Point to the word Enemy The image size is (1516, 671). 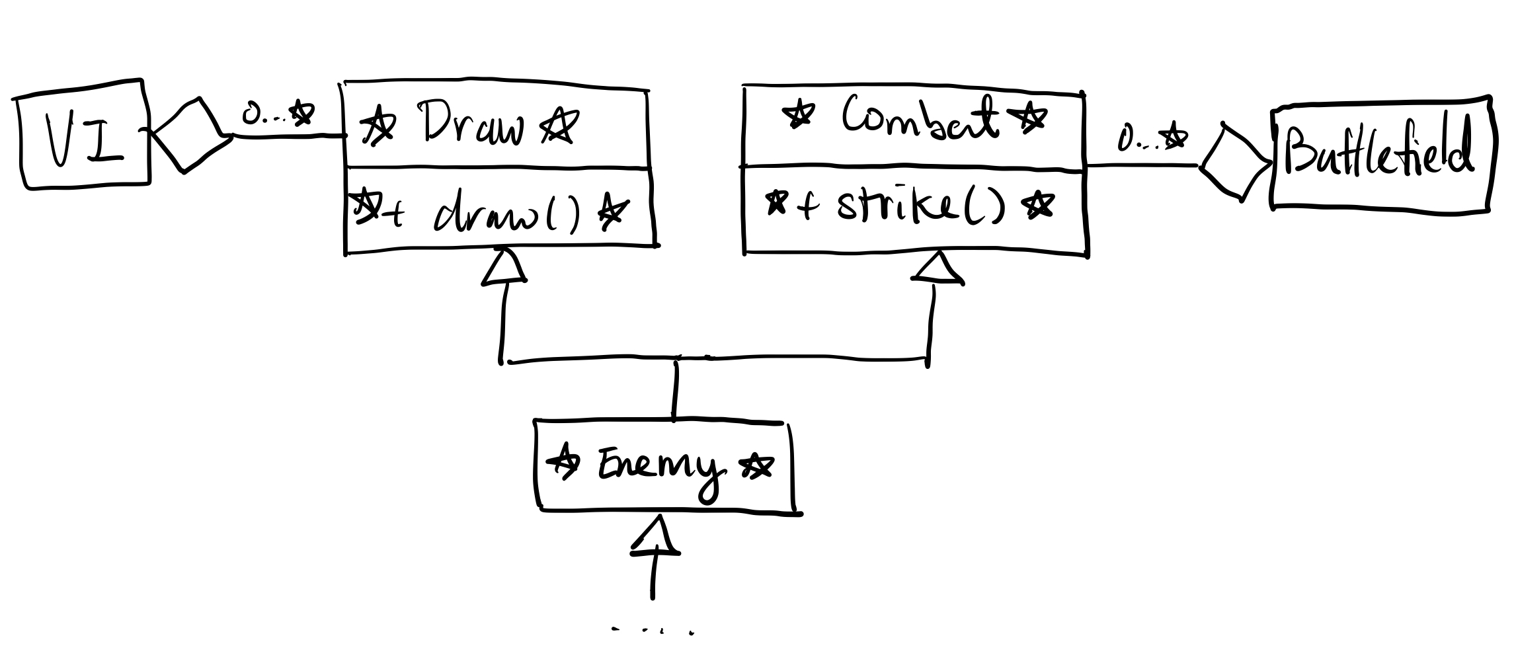[658, 468]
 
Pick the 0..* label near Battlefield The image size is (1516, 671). [1151, 139]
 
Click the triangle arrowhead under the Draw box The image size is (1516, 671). [504, 268]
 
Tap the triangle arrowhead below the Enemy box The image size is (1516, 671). [655, 536]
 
